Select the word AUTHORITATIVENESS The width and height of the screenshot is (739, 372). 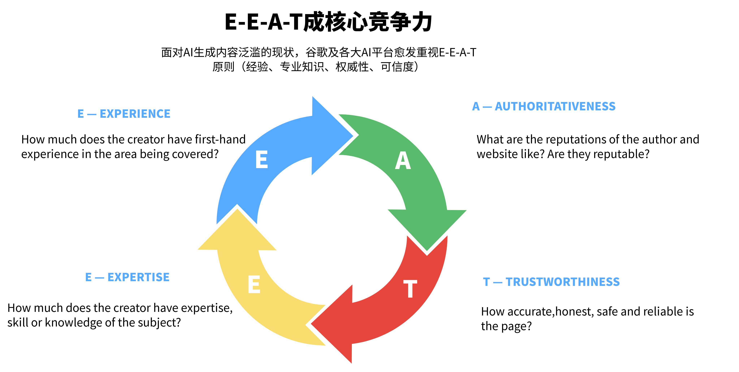[555, 106]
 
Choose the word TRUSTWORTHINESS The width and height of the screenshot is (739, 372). [563, 282]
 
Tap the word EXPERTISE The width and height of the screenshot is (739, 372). [138, 277]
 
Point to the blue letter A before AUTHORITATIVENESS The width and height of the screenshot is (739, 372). [476, 106]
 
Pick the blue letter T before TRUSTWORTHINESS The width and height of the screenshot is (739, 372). [486, 282]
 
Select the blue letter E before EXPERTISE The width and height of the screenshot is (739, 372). [88, 277]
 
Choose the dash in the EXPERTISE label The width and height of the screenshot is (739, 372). [99, 278]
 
